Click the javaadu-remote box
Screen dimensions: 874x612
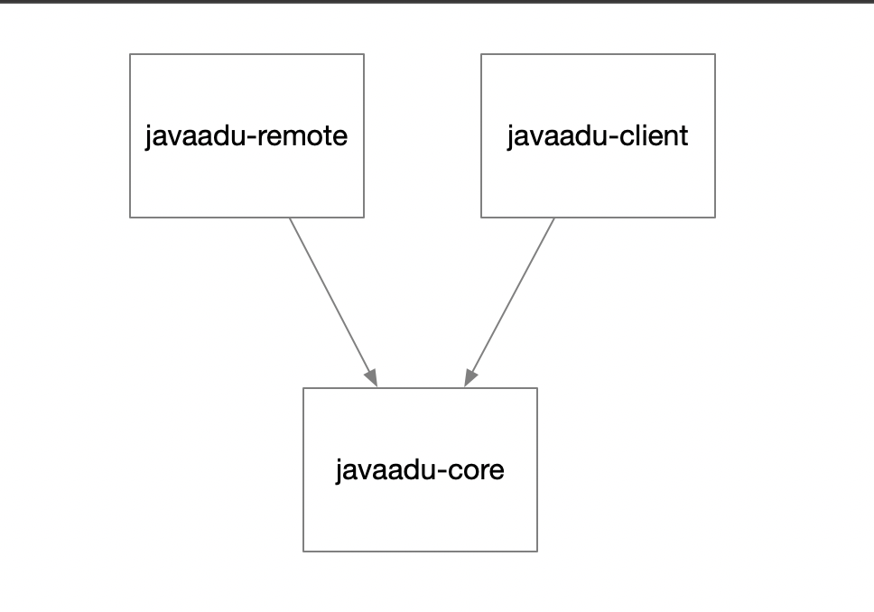[x=246, y=135]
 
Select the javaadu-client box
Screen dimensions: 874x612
[x=598, y=135]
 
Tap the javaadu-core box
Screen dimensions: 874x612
[x=420, y=469]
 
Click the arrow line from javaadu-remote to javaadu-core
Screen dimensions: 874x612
[x=333, y=302]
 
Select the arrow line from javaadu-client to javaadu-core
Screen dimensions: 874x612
[x=509, y=302]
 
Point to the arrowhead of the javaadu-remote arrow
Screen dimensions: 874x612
[x=372, y=378]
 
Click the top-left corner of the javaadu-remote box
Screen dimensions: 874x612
[x=130, y=54]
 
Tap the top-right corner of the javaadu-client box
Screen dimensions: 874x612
[x=715, y=54]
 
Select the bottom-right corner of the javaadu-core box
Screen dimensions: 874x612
[x=537, y=552]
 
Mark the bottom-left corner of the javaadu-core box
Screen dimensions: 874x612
[x=303, y=552]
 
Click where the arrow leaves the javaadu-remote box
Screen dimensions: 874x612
[x=290, y=218]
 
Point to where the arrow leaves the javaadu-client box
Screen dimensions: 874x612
[x=554, y=218]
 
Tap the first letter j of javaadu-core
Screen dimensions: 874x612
[x=339, y=471]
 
